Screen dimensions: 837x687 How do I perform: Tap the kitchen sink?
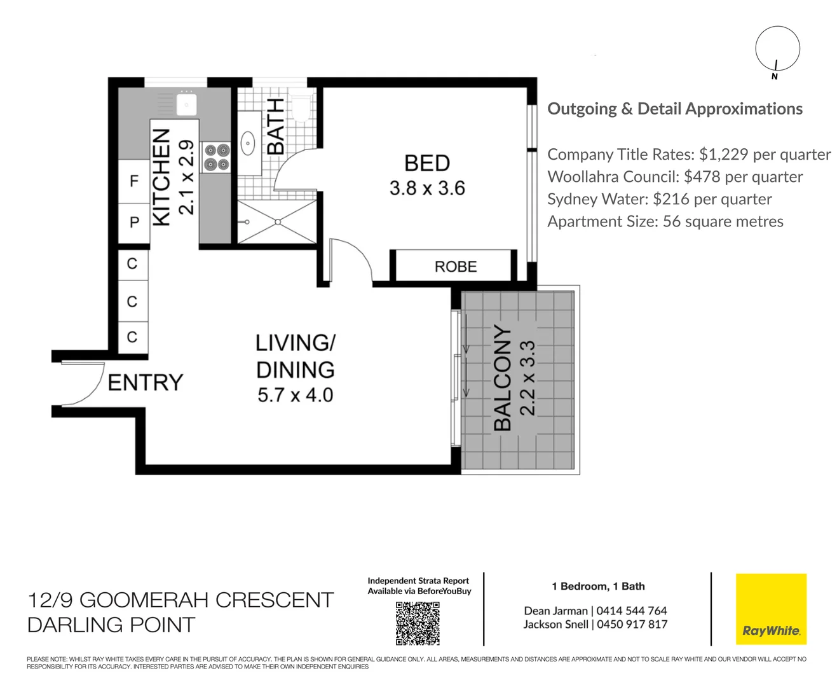tap(186, 103)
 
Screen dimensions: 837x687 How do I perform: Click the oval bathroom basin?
tap(248, 142)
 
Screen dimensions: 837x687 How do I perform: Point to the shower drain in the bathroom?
tap(278, 222)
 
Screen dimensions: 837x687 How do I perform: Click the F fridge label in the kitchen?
tap(134, 181)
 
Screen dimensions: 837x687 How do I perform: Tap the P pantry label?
tap(135, 222)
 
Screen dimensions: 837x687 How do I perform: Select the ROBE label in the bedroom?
tap(455, 267)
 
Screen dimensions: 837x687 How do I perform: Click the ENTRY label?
tap(146, 382)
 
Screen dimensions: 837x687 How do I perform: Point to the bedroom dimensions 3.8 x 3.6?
tap(426, 188)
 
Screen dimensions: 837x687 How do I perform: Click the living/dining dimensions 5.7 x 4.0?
tap(295, 395)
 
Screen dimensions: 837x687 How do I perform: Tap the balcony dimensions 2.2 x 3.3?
tap(528, 378)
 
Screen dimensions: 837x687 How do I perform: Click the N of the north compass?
tap(774, 77)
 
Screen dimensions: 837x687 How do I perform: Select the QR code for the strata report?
tap(418, 623)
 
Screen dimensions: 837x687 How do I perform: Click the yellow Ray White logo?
tap(771, 609)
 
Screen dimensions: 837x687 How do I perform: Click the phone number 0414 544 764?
tap(632, 610)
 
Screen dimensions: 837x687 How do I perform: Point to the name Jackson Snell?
tap(555, 624)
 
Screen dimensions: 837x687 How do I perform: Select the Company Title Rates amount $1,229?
tap(723, 154)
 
